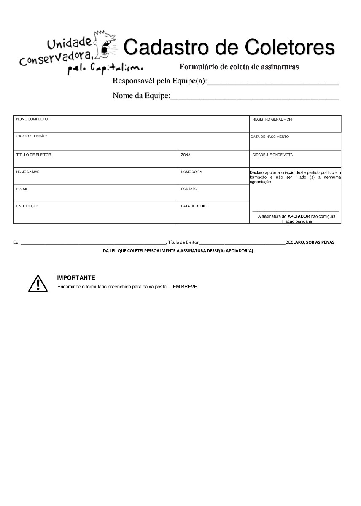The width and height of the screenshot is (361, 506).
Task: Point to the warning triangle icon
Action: [x=38, y=283]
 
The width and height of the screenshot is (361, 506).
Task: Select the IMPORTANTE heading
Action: [x=75, y=278]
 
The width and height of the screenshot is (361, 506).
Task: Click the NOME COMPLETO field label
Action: [x=32, y=119]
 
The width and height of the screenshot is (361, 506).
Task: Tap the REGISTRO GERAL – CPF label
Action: [x=272, y=120]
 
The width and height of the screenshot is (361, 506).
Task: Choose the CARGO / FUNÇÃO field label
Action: [x=32, y=137]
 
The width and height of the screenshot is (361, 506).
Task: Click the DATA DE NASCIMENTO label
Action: [x=269, y=137]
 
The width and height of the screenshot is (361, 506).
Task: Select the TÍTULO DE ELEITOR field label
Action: [x=34, y=155]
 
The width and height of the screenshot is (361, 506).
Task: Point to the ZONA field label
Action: [x=186, y=155]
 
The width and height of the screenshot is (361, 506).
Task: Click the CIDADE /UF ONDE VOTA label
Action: [x=272, y=155]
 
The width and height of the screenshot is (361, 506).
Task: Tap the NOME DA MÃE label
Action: [x=28, y=172]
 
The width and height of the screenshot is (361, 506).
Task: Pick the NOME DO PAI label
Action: [x=192, y=172]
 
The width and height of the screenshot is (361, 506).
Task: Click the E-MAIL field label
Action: [x=22, y=189]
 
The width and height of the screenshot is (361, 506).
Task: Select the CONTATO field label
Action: [x=189, y=189]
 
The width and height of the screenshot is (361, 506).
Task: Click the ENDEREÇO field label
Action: [x=27, y=206]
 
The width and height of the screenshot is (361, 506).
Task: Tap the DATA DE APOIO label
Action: [x=194, y=206]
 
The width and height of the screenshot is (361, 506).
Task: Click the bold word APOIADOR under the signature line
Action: [x=299, y=216]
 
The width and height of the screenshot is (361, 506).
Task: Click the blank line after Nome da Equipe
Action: [x=255, y=97]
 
